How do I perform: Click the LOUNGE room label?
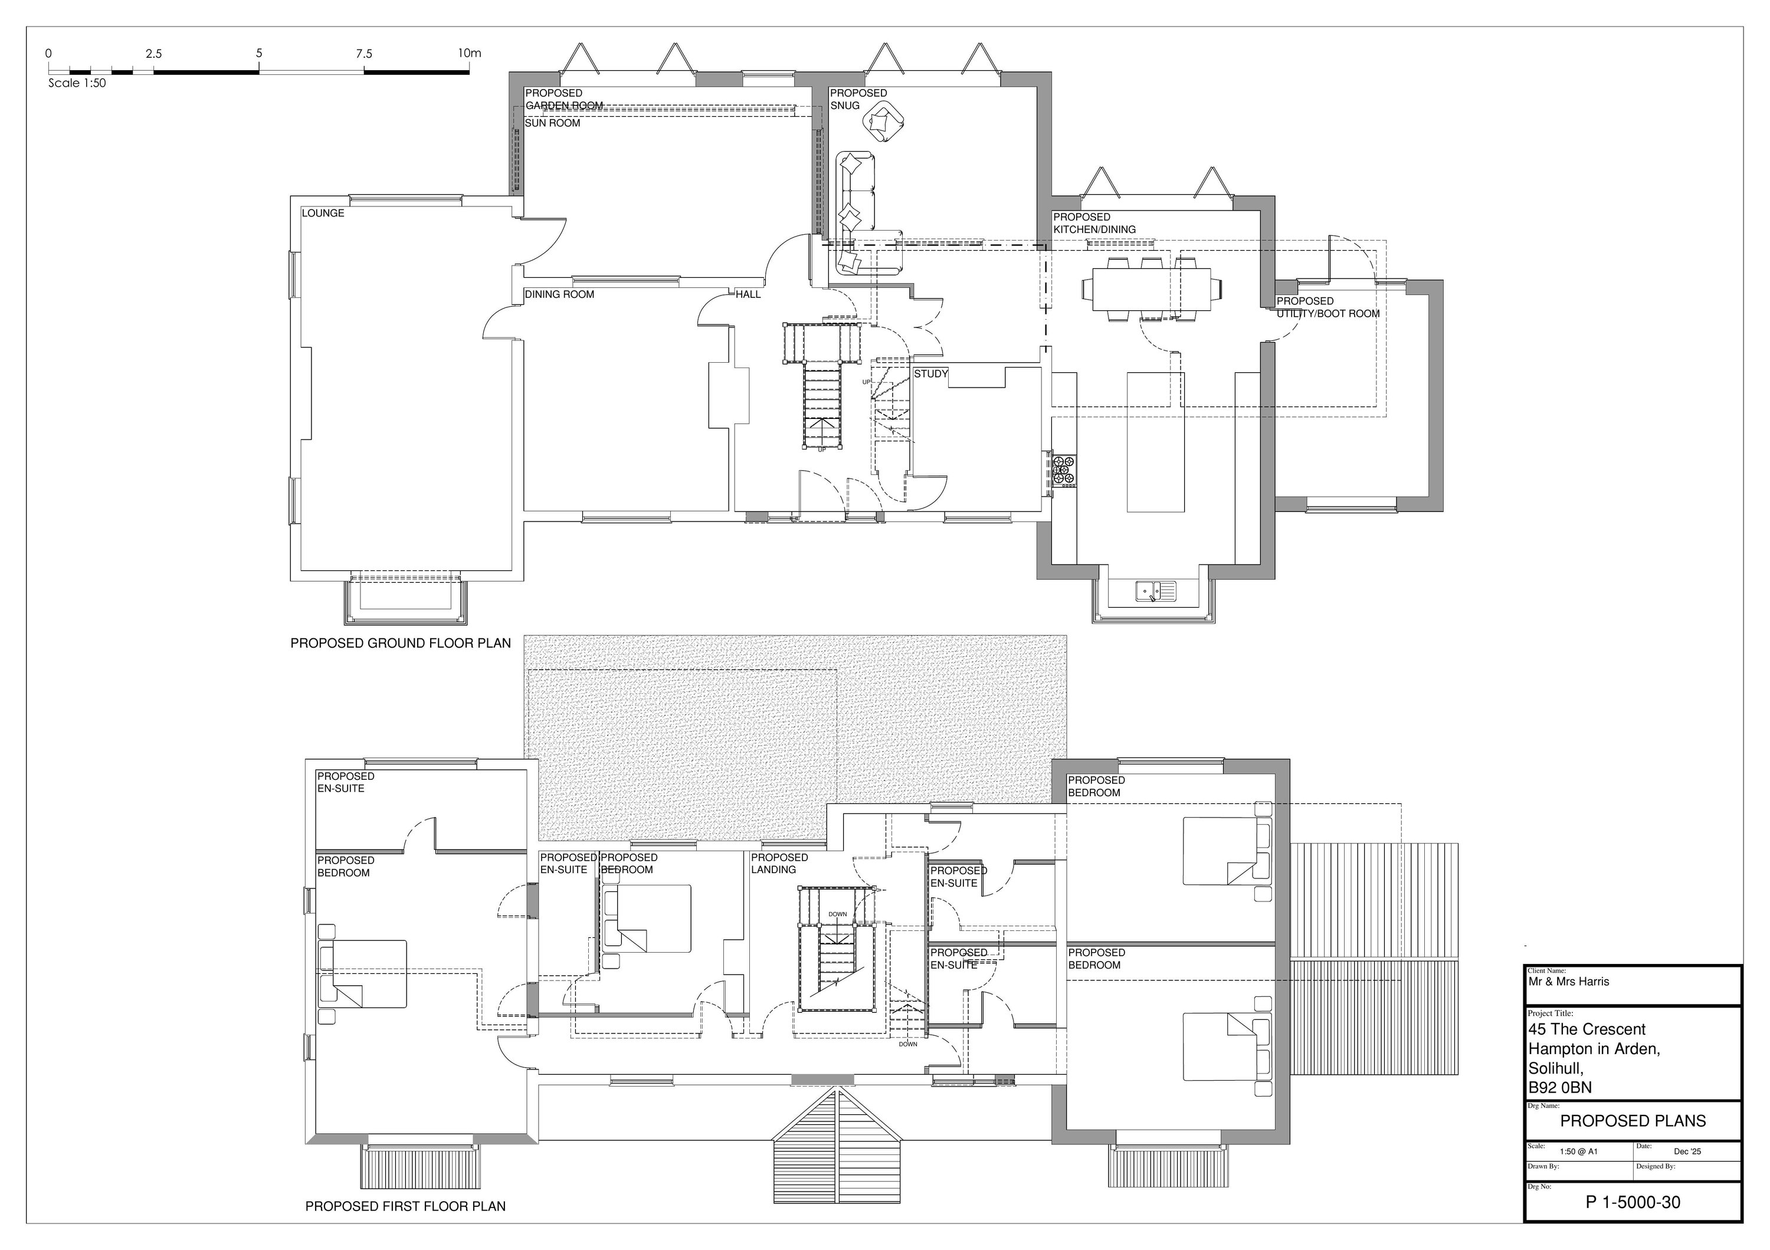coord(323,214)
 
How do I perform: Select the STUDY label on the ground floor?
coord(930,374)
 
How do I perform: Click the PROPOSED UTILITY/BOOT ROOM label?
coord(1327,307)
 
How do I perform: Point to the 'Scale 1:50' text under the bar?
coord(77,83)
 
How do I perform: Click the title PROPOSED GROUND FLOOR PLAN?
coord(400,644)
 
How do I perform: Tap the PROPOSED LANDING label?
coord(779,863)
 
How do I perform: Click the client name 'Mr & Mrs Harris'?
coord(1569,982)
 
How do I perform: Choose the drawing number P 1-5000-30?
coord(1632,1202)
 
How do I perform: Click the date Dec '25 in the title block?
coord(1687,1151)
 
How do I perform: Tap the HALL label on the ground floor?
coord(748,294)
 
